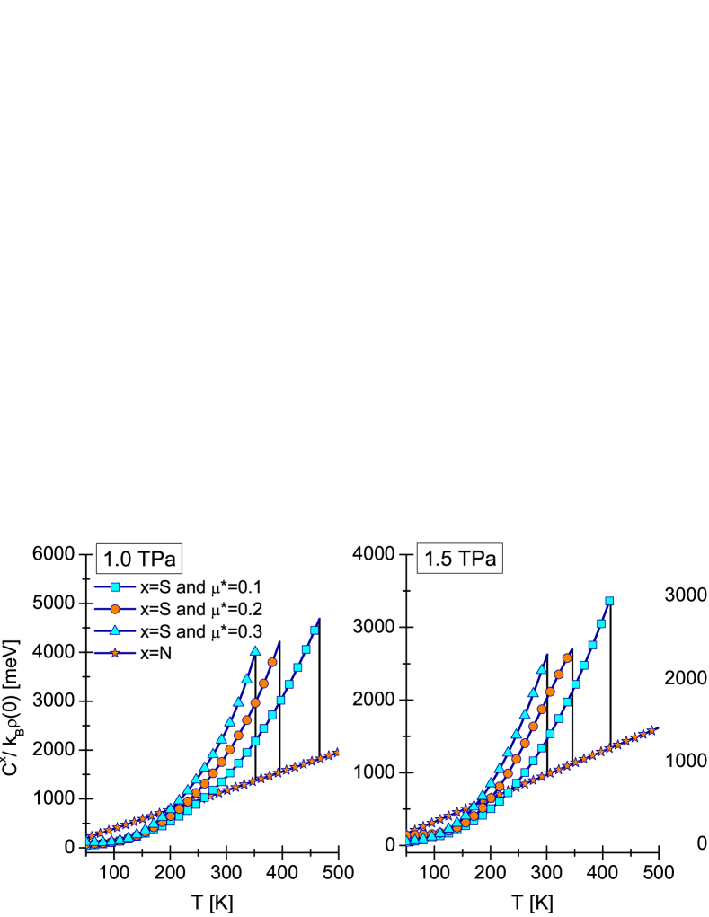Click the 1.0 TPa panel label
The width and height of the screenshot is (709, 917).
(x=139, y=560)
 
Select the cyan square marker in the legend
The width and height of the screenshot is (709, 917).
(x=115, y=587)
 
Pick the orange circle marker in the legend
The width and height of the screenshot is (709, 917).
(x=115, y=609)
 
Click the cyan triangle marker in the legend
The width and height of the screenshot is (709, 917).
(x=115, y=630)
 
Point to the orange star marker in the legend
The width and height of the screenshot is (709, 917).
(x=115, y=653)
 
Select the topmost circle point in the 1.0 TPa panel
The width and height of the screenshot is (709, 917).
(x=272, y=662)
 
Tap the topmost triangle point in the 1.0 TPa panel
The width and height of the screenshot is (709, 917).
(x=255, y=650)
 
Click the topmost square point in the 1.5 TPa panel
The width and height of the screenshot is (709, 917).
(x=609, y=601)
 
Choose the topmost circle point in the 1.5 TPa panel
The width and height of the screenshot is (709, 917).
(x=567, y=658)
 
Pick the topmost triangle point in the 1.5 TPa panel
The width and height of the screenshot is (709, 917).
(x=542, y=669)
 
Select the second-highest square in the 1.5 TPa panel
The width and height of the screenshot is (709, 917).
(x=601, y=623)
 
